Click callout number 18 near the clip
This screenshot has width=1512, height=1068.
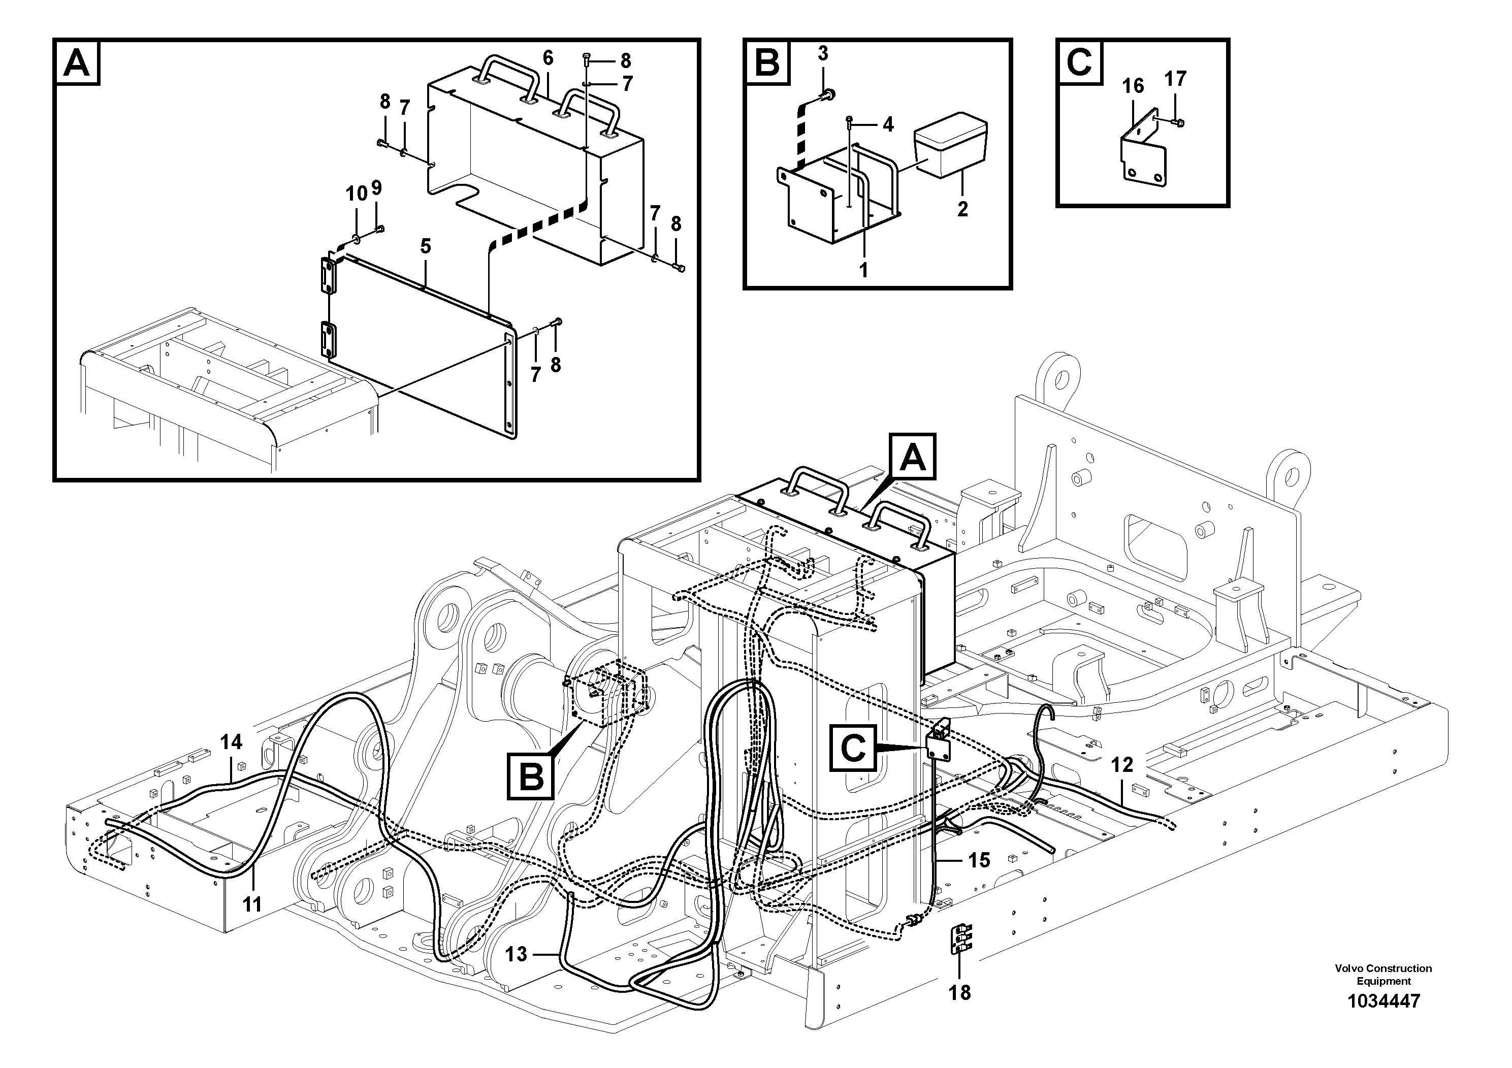pos(959,993)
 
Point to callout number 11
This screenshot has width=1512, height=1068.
pos(252,904)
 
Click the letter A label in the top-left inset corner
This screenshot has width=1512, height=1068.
pos(78,63)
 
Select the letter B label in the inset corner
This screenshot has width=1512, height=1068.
pos(766,63)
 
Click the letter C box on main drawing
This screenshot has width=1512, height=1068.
pos(853,748)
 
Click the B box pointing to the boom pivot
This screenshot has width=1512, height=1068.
pos(531,777)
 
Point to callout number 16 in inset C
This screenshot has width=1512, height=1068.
pos(1133,86)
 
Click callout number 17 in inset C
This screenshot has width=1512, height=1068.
pos(1175,79)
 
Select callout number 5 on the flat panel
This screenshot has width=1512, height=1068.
pos(426,246)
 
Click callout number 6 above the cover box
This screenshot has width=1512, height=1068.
pos(548,58)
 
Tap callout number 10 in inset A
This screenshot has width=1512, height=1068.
pos(356,193)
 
